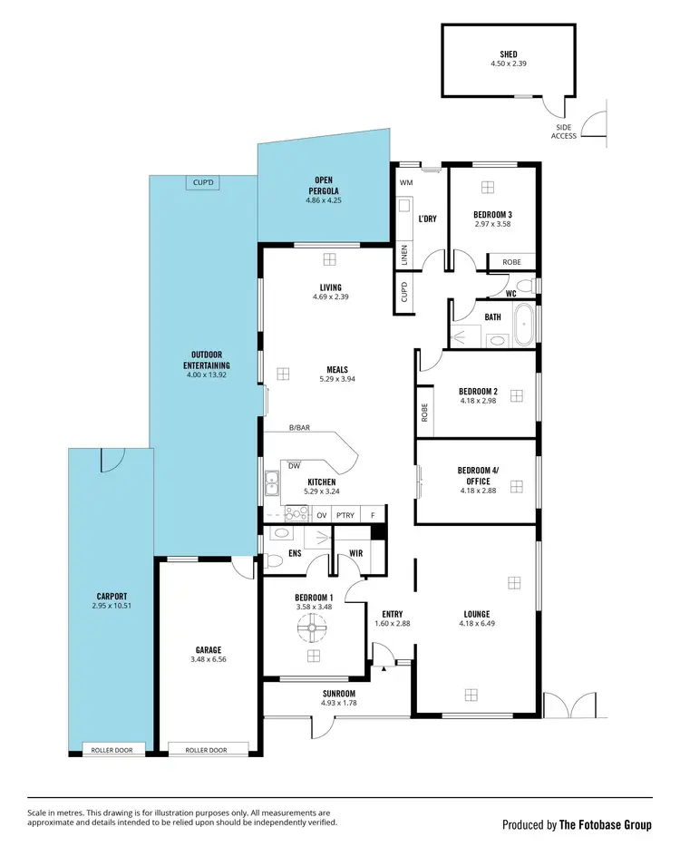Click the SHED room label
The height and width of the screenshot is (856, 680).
tap(508, 53)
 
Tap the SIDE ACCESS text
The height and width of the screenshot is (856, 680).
tap(564, 132)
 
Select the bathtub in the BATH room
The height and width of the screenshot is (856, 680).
tap(524, 326)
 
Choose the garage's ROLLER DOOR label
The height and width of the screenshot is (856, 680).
tap(205, 750)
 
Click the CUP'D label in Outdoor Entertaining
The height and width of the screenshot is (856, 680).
tap(204, 182)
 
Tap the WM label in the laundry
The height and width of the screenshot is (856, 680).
tap(405, 182)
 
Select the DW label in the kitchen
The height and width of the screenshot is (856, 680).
tap(294, 466)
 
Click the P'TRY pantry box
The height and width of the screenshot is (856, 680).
tap(345, 515)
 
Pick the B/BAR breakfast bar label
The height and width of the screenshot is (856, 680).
tap(300, 427)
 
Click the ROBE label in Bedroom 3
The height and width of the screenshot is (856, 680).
tap(511, 262)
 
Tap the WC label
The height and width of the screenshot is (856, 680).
tap(511, 293)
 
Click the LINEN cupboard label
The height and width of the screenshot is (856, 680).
tap(404, 256)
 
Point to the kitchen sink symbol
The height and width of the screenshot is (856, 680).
tap(270, 486)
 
